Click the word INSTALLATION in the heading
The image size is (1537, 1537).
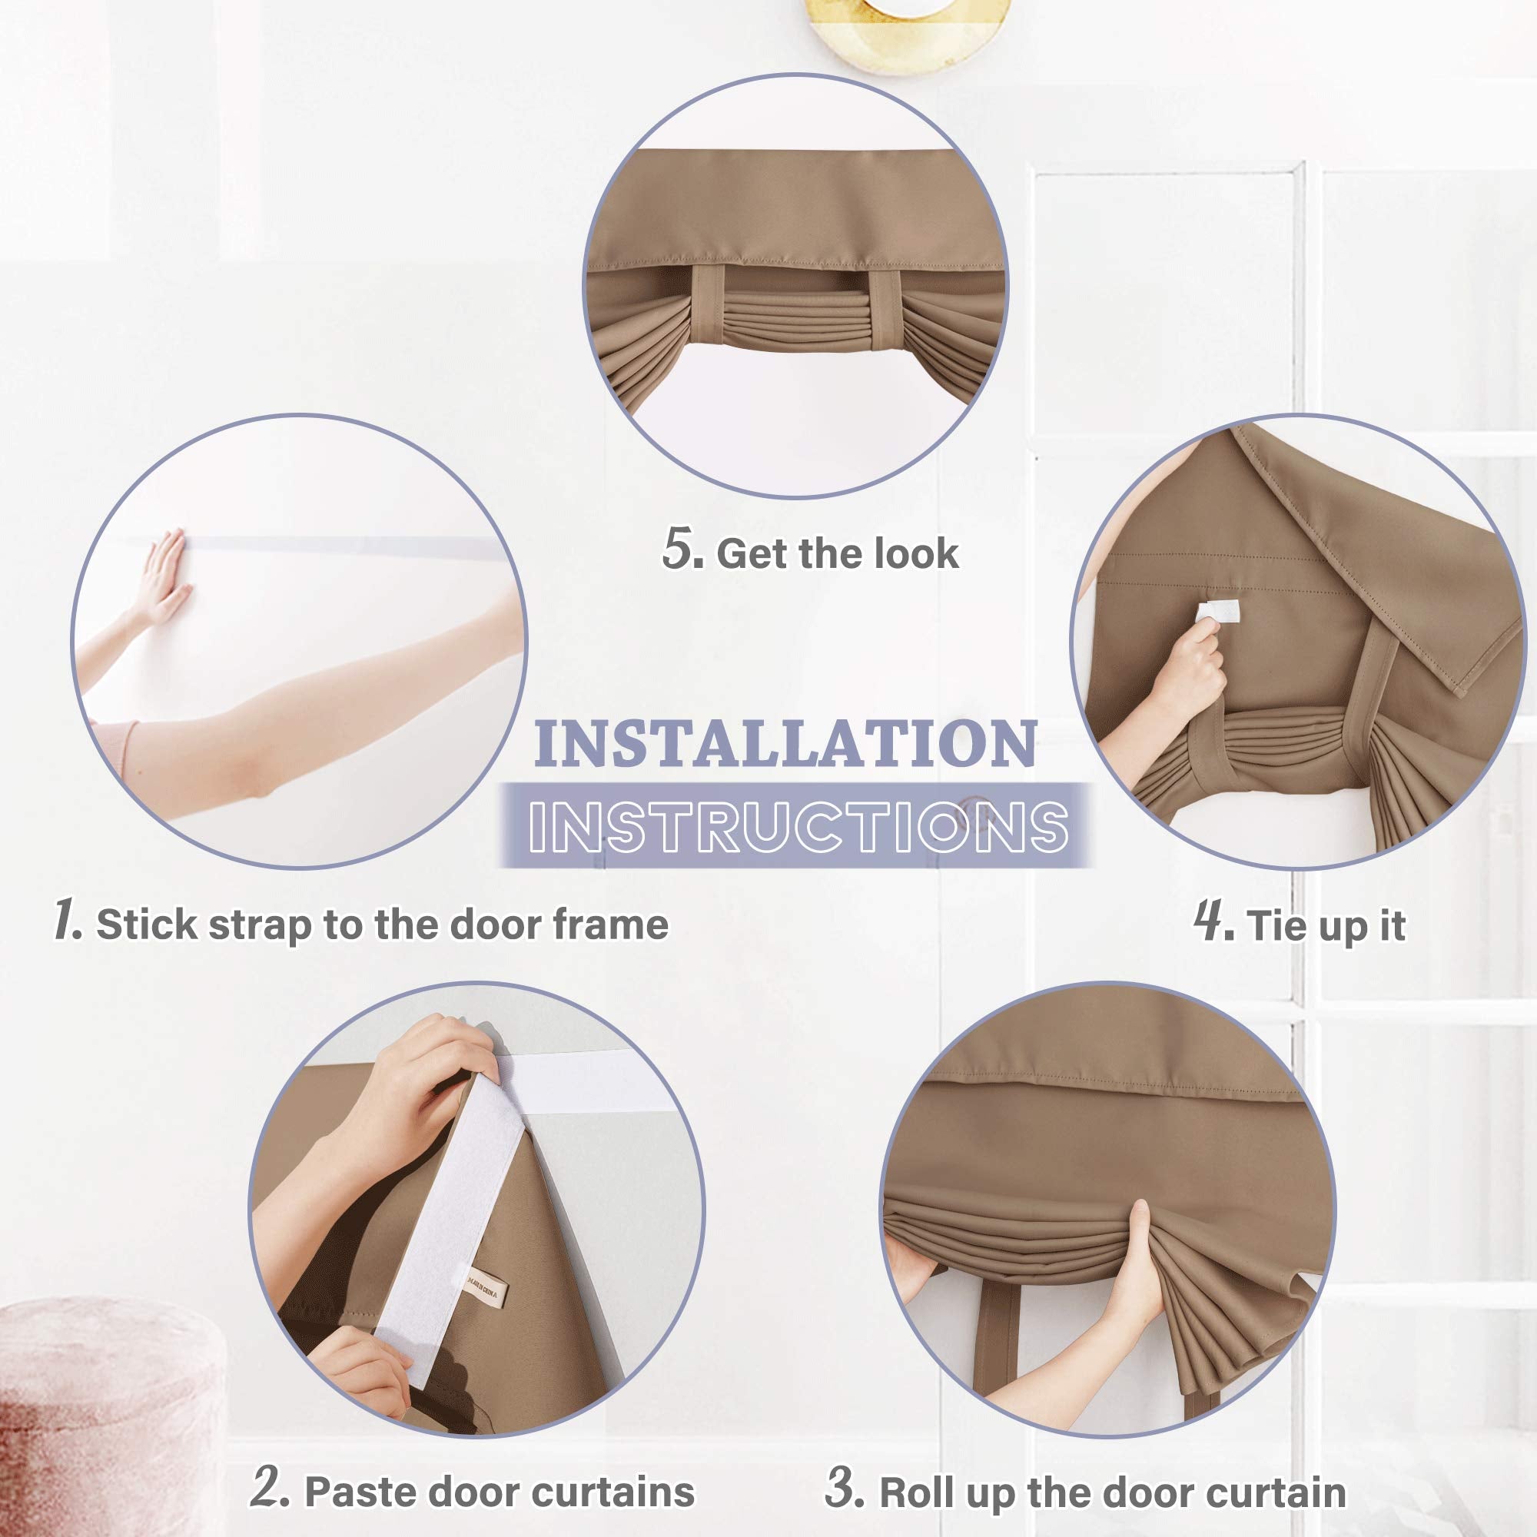coord(785,744)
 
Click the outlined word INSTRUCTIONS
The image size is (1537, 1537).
coord(798,826)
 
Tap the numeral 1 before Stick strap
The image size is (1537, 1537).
coord(68,920)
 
